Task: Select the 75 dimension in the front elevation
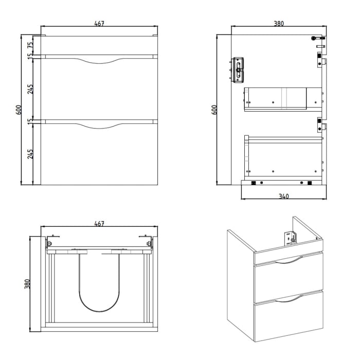pos(31,45)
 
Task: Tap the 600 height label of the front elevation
pos(19,110)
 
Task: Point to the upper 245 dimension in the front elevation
pos(31,88)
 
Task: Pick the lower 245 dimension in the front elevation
pos(31,154)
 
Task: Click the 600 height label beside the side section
pos(214,110)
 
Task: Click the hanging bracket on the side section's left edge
pos(237,69)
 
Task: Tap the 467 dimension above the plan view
pos(99,223)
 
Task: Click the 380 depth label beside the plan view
pos(27,283)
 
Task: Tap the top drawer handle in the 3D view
pos(290,261)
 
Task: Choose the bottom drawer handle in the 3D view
pos(290,298)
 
